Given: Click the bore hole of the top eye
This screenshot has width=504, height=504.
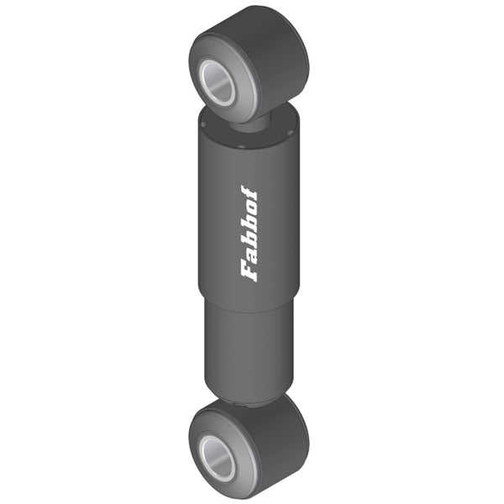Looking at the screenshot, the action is [x=218, y=82].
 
